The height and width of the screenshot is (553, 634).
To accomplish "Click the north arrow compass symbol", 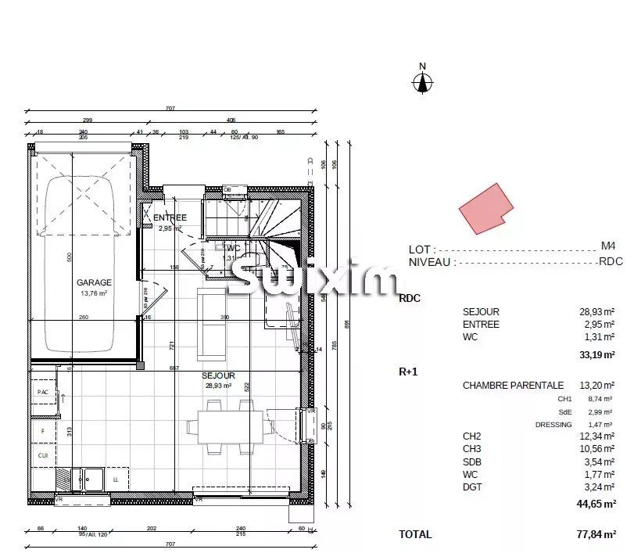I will click(422, 81).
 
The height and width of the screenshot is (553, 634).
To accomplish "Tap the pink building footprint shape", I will click(485, 209).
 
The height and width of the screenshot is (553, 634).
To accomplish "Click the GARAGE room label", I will click(94, 282).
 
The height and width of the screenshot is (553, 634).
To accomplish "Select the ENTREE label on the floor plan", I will click(170, 217).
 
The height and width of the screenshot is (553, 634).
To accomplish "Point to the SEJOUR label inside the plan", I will click(218, 375).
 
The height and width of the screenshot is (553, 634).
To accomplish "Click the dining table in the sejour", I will click(225, 427).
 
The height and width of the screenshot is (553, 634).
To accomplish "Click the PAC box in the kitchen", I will click(42, 391).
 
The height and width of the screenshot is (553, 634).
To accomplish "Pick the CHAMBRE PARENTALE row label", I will click(513, 385).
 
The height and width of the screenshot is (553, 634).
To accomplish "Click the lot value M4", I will click(608, 245).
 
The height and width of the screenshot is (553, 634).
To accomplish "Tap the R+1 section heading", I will click(409, 372).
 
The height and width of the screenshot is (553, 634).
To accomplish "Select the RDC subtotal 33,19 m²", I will click(597, 354).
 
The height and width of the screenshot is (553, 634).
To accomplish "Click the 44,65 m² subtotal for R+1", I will click(597, 504).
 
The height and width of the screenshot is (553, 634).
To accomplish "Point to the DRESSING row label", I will click(554, 424).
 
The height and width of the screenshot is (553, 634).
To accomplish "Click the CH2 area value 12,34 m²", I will click(597, 436).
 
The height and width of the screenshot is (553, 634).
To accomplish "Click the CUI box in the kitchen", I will click(42, 454).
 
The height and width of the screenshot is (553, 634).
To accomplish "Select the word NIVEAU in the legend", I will click(429, 262).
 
